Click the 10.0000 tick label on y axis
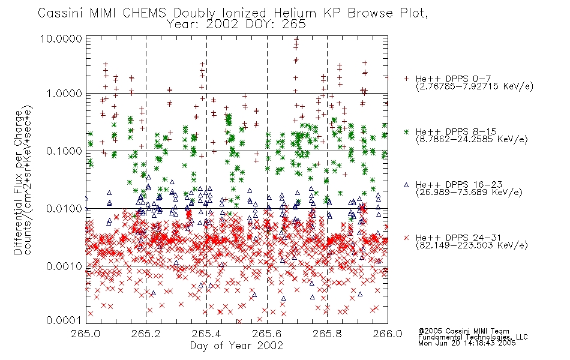tap(61, 38)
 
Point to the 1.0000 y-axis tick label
tap(64, 94)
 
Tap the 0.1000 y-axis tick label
tap(64, 151)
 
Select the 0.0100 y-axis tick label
tap(64, 208)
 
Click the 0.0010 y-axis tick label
tap(64, 266)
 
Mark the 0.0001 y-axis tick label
tap(64, 320)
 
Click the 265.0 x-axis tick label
tap(86, 334)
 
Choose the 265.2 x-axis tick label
tap(146, 334)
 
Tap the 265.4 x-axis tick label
tap(206, 334)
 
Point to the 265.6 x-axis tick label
tap(267, 334)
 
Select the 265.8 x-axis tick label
tap(327, 334)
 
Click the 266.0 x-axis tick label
tap(388, 334)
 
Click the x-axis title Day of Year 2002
tap(236, 346)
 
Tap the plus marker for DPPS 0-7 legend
tap(406, 79)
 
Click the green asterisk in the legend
tap(406, 131)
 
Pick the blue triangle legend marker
tap(406, 185)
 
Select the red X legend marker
tap(406, 238)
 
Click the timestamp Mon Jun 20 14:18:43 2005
tap(467, 343)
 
